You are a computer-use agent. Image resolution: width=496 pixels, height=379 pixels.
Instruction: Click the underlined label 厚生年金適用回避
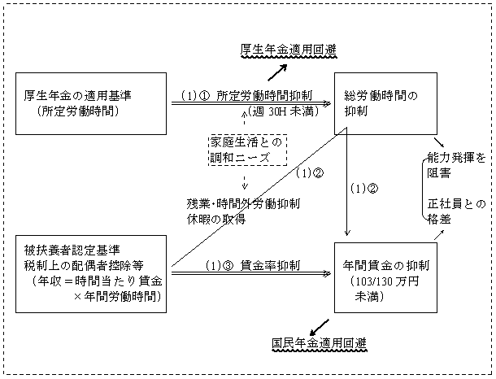point(283,48)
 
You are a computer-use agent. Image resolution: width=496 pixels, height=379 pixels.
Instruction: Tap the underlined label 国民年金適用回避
point(318,343)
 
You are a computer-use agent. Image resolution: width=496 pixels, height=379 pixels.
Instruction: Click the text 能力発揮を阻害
point(458,164)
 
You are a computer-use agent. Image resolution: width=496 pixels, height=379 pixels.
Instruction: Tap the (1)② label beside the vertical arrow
point(363,189)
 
